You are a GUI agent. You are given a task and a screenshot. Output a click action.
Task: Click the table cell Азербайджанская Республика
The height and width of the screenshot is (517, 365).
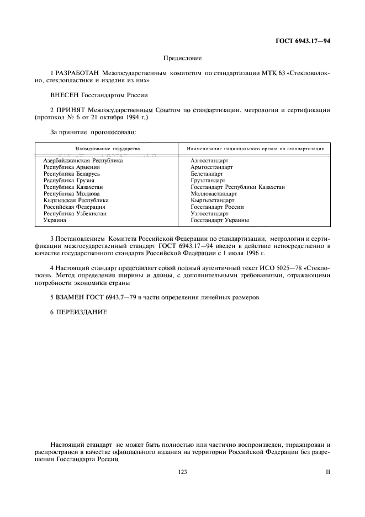[83, 160]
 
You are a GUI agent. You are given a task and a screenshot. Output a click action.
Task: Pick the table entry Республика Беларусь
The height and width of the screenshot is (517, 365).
[71, 173]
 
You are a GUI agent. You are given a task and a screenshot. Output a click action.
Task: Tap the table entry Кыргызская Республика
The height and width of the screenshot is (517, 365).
[76, 200]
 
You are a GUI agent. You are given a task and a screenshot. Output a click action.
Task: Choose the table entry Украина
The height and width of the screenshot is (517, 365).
[55, 220]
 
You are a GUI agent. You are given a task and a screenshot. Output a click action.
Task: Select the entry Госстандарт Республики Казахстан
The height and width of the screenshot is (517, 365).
[237, 187]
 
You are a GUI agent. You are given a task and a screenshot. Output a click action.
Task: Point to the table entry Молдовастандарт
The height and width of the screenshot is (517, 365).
[214, 193]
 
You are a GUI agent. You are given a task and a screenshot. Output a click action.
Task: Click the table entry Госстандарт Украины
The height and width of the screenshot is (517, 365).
[219, 220]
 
